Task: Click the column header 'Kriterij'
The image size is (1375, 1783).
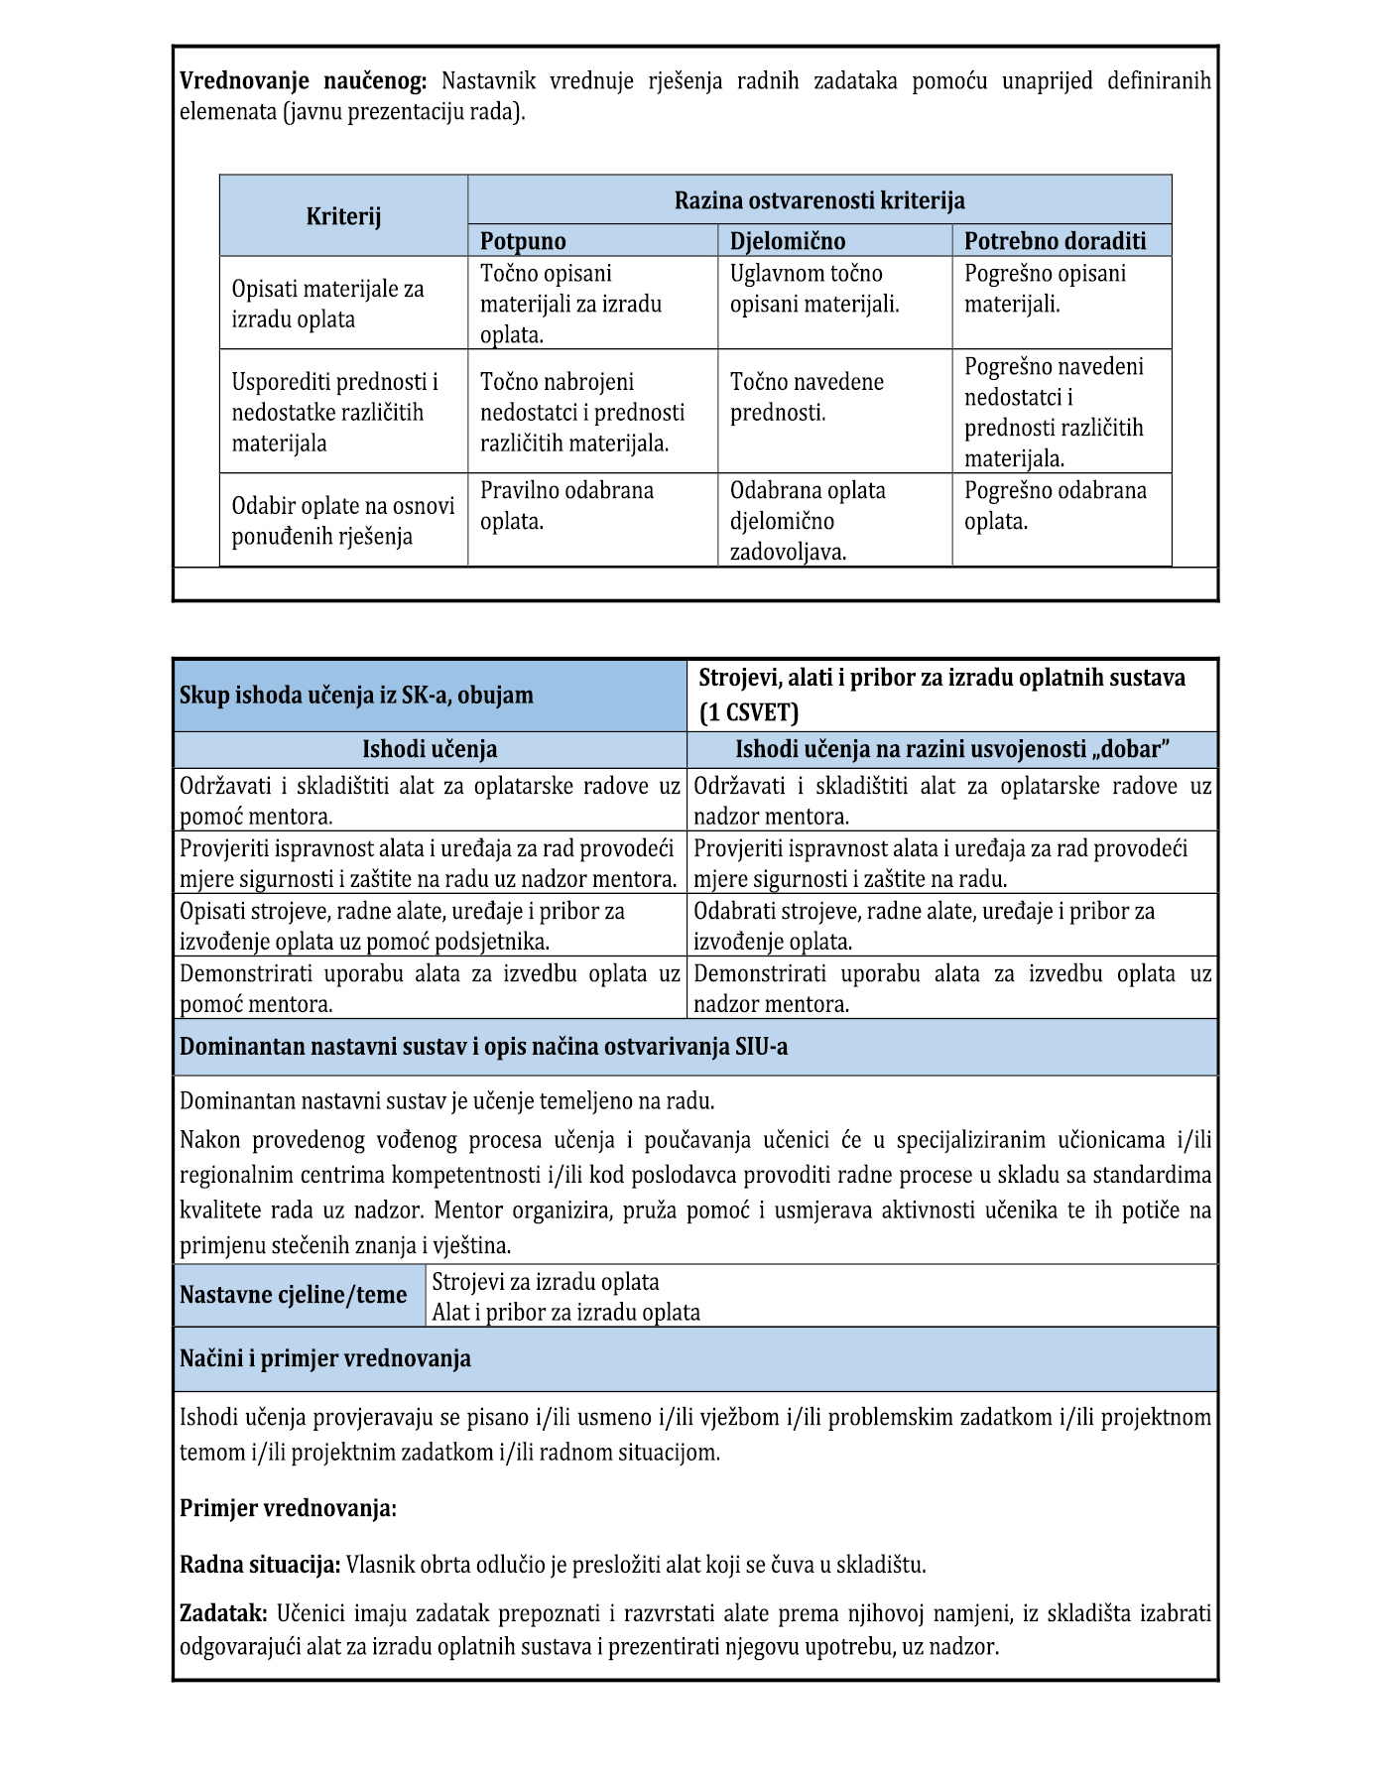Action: coord(343,216)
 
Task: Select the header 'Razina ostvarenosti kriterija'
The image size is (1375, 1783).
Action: coord(819,200)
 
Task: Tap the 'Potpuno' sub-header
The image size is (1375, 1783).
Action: coord(523,241)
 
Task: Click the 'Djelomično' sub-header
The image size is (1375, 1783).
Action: coord(788,241)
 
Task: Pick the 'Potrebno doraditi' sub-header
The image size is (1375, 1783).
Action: coord(1055,241)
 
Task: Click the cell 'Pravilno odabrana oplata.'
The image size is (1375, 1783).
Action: coord(566,506)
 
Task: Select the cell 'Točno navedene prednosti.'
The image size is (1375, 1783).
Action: coord(807,397)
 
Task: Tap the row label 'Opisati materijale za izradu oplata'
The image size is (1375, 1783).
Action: coord(327,304)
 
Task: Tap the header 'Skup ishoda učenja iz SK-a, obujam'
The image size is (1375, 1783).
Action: coord(356,695)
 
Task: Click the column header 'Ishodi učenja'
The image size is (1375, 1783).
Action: coord(430,749)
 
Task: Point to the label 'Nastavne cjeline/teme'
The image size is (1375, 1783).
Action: coord(293,1295)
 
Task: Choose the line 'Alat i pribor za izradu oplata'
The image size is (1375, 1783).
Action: coord(565,1312)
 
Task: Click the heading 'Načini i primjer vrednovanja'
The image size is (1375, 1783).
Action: coord(324,1358)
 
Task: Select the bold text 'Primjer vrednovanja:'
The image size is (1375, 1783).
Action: coord(288,1508)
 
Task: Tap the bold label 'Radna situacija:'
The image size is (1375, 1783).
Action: coord(260,1565)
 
